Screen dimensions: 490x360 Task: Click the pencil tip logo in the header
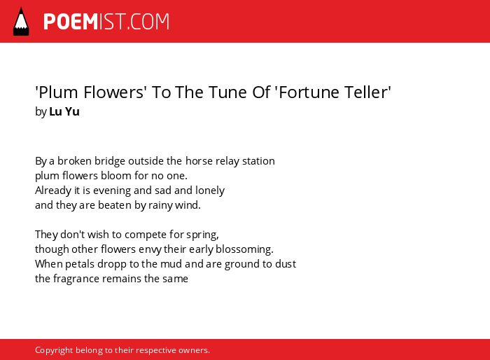(21, 22)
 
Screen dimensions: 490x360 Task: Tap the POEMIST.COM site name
(106, 22)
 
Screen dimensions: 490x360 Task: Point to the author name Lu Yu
(64, 111)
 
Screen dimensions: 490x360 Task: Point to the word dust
(286, 263)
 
